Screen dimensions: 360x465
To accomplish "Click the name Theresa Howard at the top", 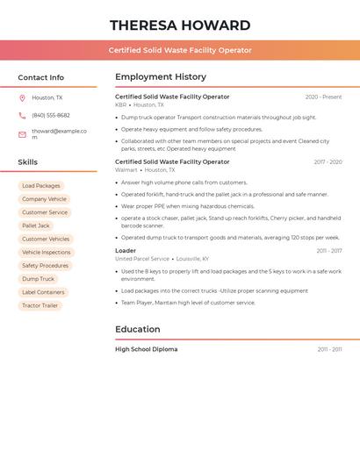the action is coord(180,25).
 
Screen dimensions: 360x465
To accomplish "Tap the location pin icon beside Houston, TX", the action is coord(22,97).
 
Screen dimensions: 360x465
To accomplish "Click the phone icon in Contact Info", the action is coord(22,115).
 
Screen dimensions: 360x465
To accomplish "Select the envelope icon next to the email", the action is coord(22,134).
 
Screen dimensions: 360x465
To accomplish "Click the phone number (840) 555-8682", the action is coord(51,115).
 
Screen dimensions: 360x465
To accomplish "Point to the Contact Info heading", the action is coord(40,77).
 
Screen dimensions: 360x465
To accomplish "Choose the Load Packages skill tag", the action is coord(41,186).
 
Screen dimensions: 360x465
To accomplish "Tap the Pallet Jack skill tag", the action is coord(36,225).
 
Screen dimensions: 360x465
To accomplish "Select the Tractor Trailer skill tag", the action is coord(40,305).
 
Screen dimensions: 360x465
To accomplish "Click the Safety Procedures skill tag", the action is coord(45,266).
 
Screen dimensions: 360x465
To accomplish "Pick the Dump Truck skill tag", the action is coord(38,279).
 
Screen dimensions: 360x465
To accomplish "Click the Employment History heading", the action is coord(161,77).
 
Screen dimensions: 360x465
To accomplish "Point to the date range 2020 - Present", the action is coord(323,97).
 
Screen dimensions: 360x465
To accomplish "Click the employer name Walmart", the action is coord(126,170).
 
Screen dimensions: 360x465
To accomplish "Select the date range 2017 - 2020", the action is coord(328,162).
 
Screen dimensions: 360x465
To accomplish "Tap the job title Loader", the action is coord(126,251).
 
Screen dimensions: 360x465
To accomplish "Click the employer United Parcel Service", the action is coord(142,259).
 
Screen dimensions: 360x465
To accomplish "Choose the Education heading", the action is coord(138,330).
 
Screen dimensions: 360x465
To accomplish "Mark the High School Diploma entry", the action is coord(146,349).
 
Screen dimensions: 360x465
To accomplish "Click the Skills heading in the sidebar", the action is coord(28,162).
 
